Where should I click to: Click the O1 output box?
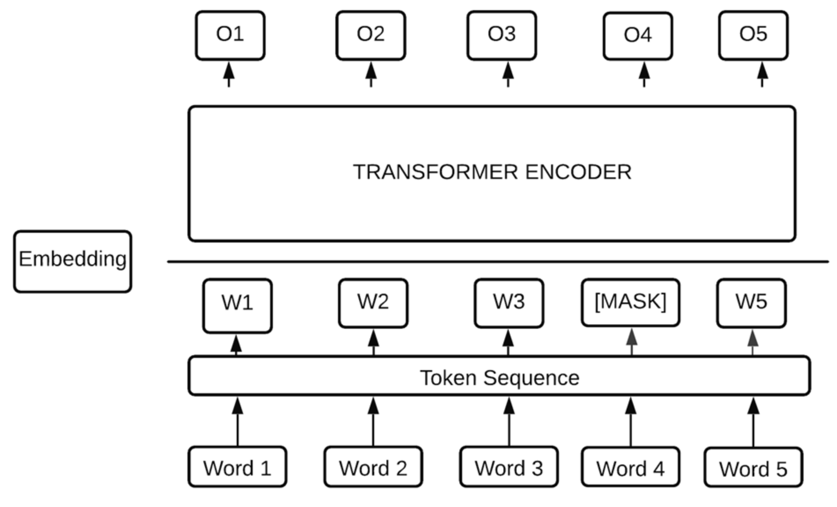coord(230,35)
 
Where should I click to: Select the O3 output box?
coord(501,35)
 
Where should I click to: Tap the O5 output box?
coord(753,35)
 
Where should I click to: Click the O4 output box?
coord(638,36)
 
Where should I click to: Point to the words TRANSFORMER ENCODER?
coord(492,172)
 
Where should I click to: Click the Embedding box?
coord(73,261)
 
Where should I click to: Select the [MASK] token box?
coord(630,302)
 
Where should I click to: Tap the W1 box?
coord(237,305)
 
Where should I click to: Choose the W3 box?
coord(509,303)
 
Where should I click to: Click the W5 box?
coord(751,303)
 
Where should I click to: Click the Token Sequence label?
coord(499,378)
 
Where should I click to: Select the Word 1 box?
coord(237,467)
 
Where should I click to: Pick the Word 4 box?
coord(630,467)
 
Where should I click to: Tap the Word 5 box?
coord(753,467)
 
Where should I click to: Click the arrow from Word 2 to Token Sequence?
coord(373,422)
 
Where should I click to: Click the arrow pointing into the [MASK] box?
coord(631,342)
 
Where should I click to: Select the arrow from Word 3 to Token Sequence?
coord(509,422)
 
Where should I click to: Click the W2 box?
coord(373,303)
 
